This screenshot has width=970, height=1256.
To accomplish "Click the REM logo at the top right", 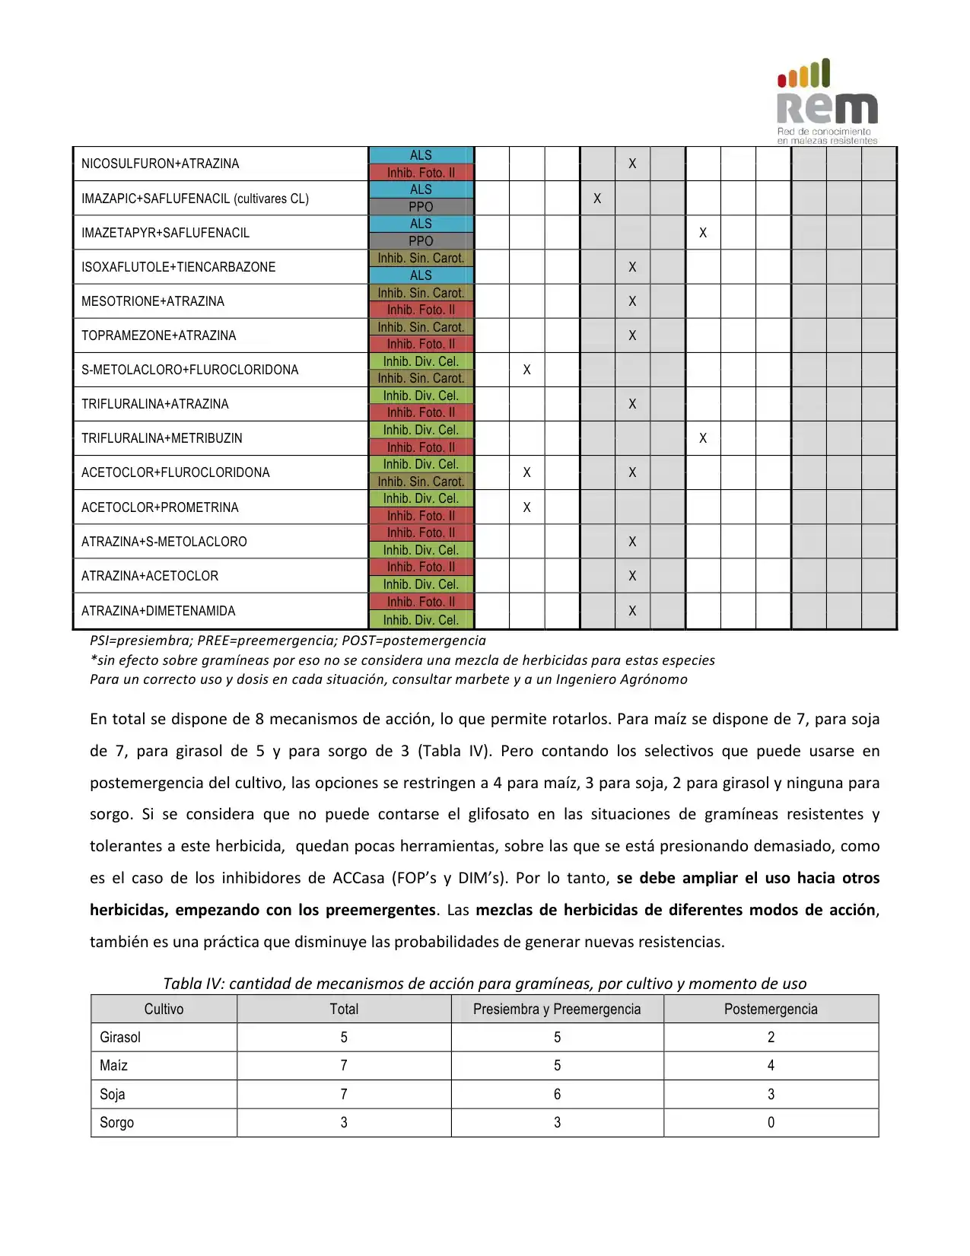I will pyautogui.click(x=827, y=101).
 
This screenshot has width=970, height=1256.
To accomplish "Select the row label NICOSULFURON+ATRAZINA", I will pyautogui.click(x=160, y=164).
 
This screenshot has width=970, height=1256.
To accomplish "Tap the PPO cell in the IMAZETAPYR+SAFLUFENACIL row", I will pyautogui.click(x=421, y=241).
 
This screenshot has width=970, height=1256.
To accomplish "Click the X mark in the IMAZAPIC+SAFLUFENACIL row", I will pyautogui.click(x=597, y=199).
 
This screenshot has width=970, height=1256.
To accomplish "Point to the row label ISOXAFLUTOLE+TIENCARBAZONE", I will pyautogui.click(x=178, y=267).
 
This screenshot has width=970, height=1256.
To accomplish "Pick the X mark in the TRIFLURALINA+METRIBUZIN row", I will pyautogui.click(x=703, y=438).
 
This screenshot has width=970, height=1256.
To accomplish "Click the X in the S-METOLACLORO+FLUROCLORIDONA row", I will pyautogui.click(x=526, y=370).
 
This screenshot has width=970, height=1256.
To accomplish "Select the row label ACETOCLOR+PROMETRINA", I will pyautogui.click(x=160, y=507).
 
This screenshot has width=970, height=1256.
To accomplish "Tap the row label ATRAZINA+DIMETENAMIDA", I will pyautogui.click(x=158, y=611).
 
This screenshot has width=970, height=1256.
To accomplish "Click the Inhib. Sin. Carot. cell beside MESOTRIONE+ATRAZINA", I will pyautogui.click(x=421, y=293).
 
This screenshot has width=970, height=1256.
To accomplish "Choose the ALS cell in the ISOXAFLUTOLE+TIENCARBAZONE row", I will pyautogui.click(x=421, y=275).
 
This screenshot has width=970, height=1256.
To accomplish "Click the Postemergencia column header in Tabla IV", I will pyautogui.click(x=771, y=1009).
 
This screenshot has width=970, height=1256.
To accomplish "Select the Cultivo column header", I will pyautogui.click(x=164, y=1009).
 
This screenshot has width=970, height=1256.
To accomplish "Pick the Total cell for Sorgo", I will pyautogui.click(x=344, y=1122).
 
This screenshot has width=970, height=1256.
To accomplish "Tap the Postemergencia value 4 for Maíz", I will pyautogui.click(x=771, y=1065).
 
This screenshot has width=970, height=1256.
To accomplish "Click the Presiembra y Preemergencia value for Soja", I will pyautogui.click(x=557, y=1094).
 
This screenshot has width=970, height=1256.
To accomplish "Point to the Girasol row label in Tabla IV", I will pyautogui.click(x=120, y=1037).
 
